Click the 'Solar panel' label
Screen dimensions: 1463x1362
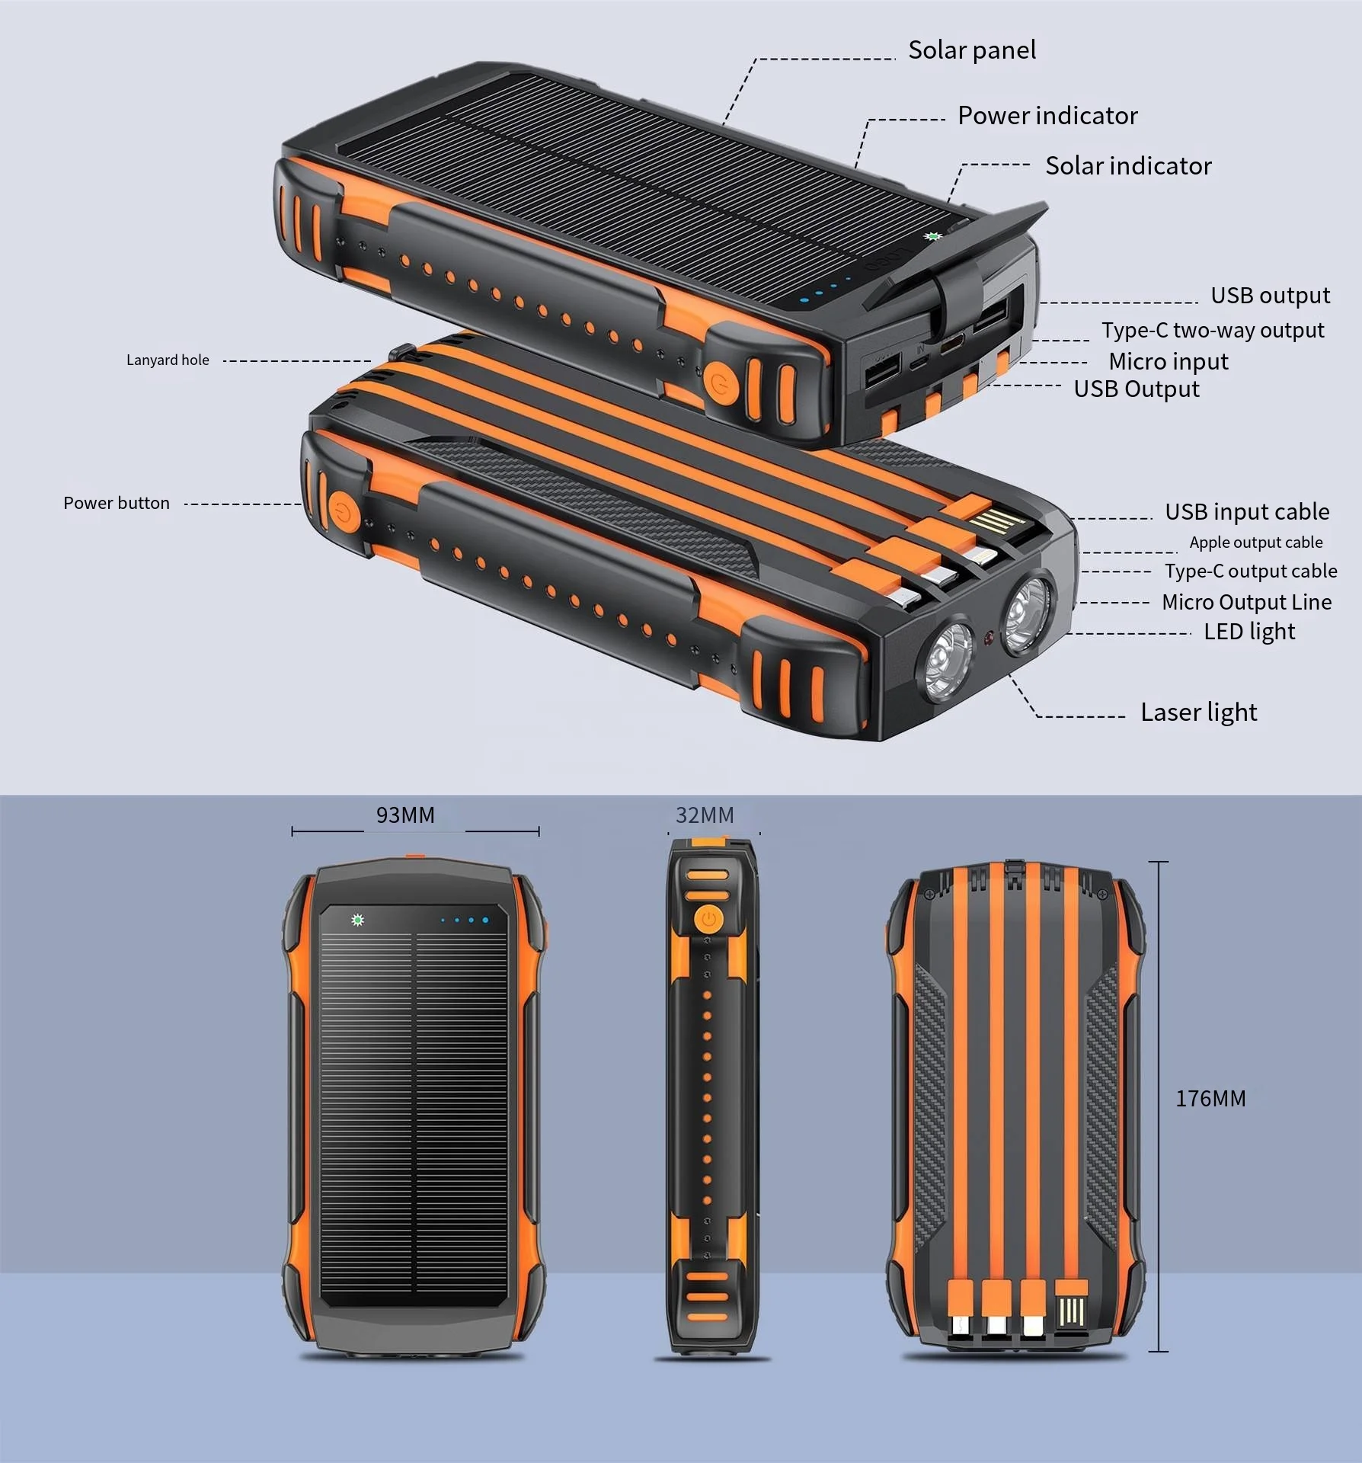point(971,50)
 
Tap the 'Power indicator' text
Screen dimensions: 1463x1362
point(1047,116)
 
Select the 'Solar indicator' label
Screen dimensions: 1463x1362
point(1128,166)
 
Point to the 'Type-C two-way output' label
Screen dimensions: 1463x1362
point(1213,331)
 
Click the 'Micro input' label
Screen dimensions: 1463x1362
point(1168,361)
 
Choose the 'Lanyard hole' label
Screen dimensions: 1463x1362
point(168,360)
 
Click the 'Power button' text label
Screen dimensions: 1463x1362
point(117,503)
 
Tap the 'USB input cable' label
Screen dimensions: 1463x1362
point(1247,512)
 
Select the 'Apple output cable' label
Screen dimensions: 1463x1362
point(1256,543)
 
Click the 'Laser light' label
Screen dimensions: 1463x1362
point(1198,712)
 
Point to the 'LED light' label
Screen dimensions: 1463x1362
point(1249,632)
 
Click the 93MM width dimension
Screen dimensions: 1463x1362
point(405,815)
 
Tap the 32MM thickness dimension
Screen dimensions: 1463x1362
point(705,815)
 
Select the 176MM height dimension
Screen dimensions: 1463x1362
point(1210,1098)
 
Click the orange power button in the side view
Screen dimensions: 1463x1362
point(708,919)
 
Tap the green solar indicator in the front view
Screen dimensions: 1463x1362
point(357,920)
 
